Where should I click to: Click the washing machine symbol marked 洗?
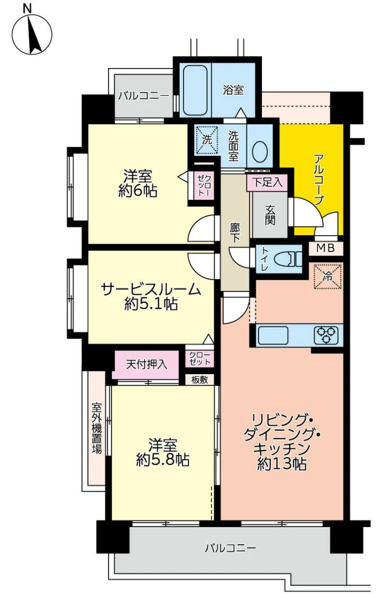point(207,140)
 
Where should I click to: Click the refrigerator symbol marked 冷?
point(327,276)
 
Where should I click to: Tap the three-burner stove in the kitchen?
point(326,335)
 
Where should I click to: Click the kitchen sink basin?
point(273,335)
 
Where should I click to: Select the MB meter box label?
point(326,248)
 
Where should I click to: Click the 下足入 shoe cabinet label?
point(268,182)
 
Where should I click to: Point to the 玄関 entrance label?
point(270,214)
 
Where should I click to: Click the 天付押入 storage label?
point(146,365)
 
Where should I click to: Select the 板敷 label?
point(199,380)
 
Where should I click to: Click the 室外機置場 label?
point(96,428)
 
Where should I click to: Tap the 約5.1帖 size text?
point(151,304)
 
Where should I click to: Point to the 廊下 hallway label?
point(235,233)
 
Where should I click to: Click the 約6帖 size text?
point(138,191)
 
